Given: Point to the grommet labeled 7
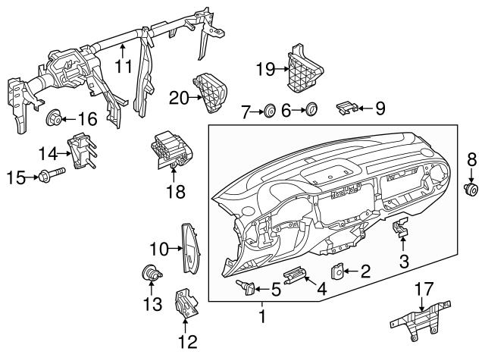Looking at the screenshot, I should (x=269, y=112).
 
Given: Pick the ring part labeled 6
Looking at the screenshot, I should (x=311, y=111).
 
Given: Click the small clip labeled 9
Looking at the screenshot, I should (x=346, y=108).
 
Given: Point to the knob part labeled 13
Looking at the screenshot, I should (x=150, y=275).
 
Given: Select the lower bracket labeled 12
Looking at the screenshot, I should (x=186, y=305).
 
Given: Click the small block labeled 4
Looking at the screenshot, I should (x=295, y=278).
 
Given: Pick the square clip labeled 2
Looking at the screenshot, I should (x=337, y=270).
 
